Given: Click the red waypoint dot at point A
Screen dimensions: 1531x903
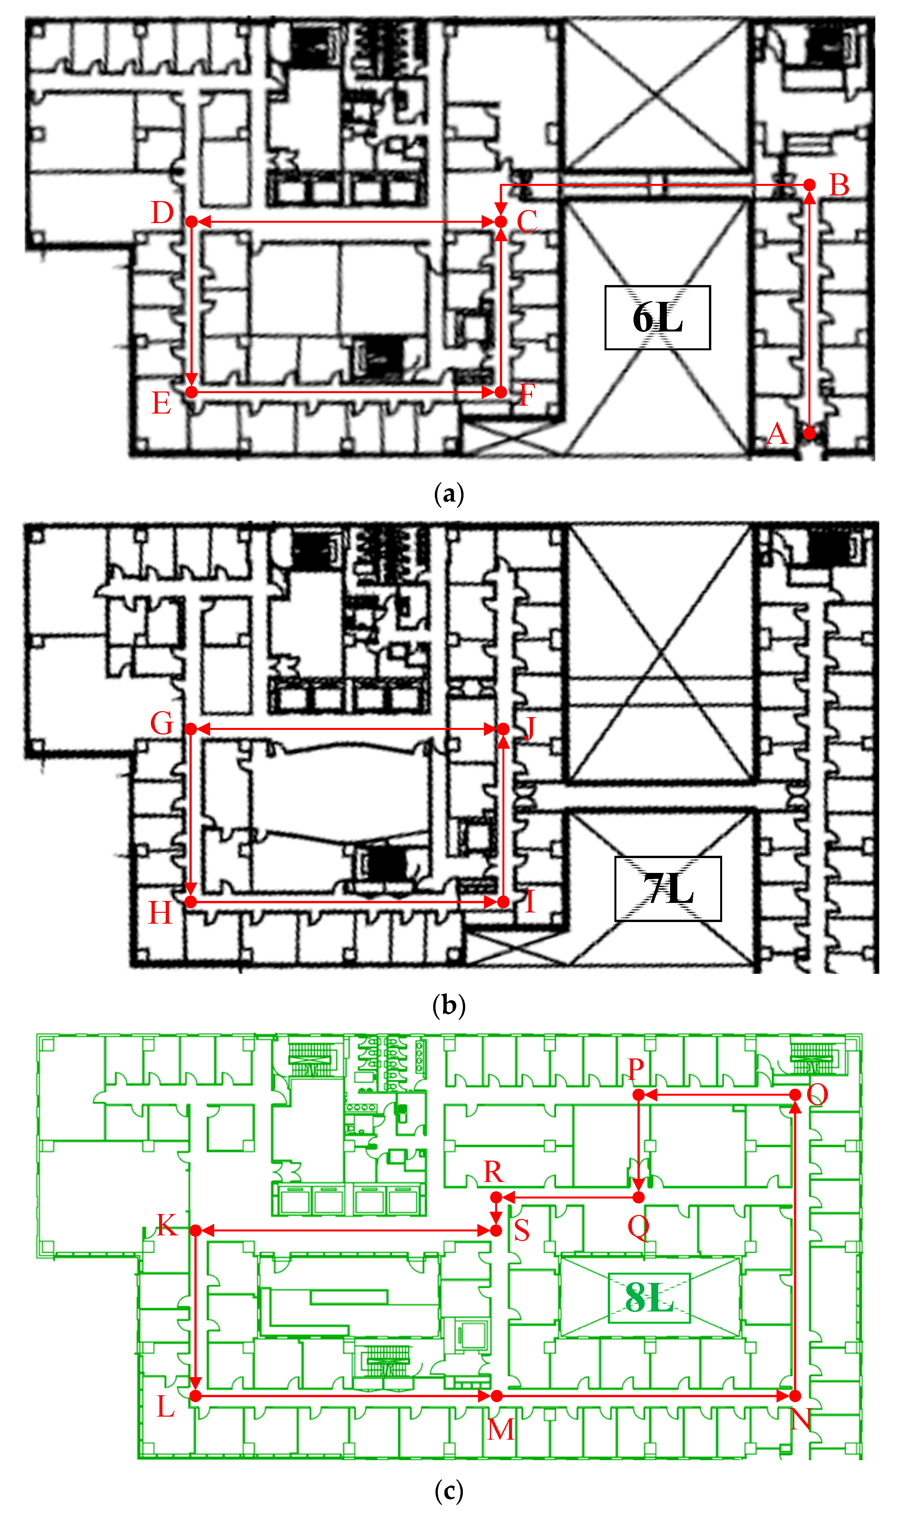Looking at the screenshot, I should coord(809,433).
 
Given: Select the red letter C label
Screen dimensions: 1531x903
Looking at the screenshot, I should coord(527,221).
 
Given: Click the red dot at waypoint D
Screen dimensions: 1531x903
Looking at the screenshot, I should coord(192,221).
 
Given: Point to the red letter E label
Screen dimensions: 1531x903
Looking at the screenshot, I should coord(161,403).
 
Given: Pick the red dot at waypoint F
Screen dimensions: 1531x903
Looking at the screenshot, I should coord(501,392).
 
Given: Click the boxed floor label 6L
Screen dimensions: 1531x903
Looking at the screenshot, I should coord(657,318).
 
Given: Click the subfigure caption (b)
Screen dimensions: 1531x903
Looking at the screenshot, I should coord(449,1005).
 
